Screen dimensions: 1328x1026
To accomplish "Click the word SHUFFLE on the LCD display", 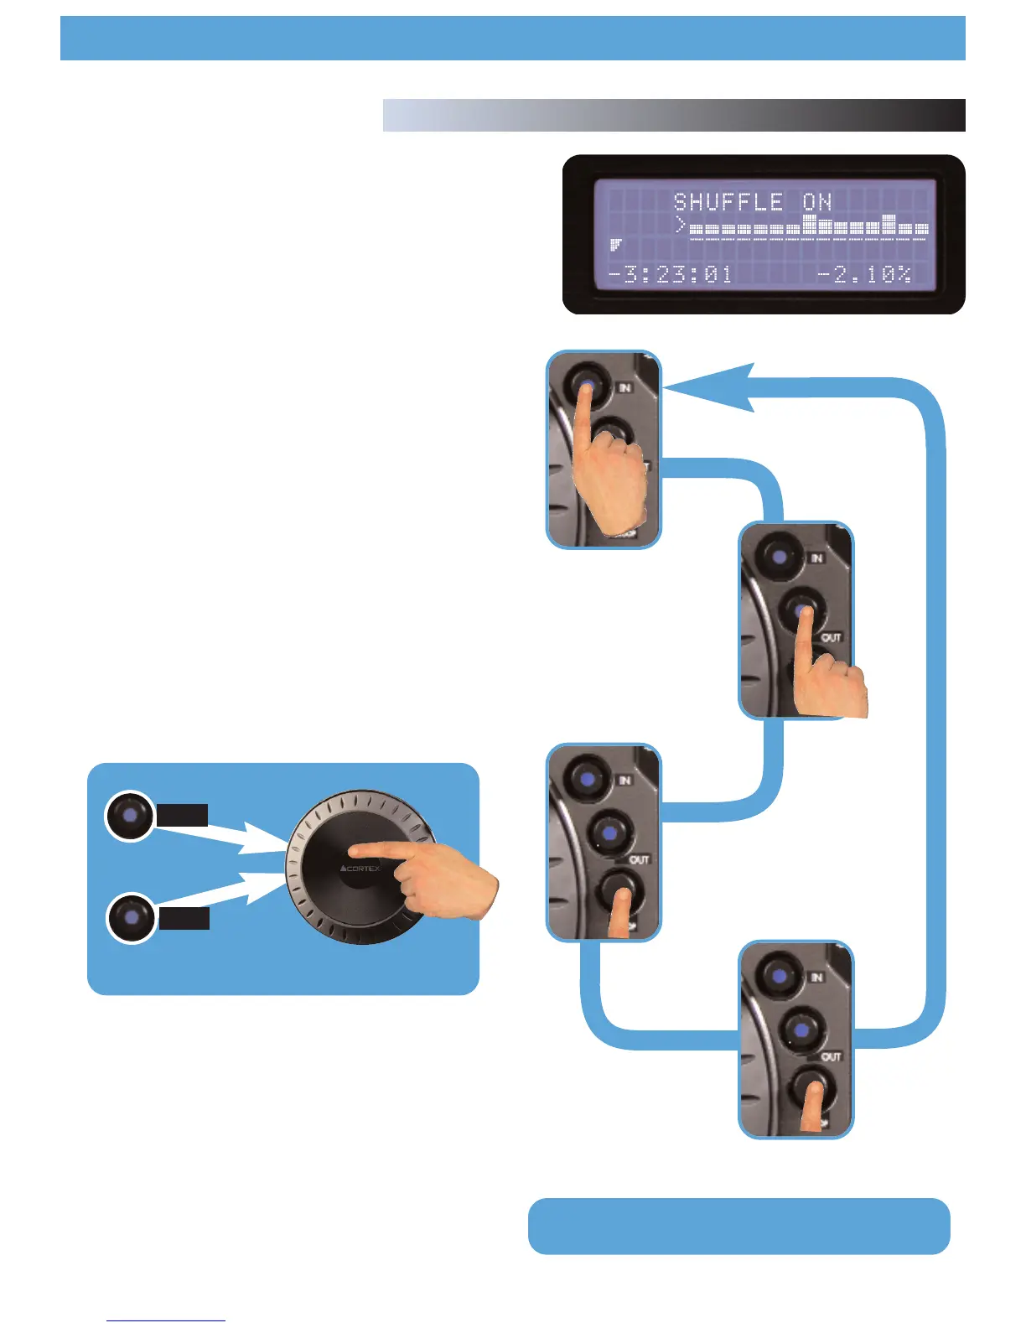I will pos(728,202).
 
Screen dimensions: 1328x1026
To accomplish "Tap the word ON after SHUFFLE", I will pos(816,202).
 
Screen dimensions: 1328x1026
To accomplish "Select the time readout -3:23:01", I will pos(670,274).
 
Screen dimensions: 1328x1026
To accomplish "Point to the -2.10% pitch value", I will pos(863,274).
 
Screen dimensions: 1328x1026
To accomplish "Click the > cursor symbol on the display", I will pos(681,225).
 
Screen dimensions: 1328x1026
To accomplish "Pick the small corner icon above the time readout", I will pos(616,245).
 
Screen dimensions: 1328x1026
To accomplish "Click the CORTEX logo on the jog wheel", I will pos(360,869).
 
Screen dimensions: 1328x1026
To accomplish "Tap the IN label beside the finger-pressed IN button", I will pos(624,387).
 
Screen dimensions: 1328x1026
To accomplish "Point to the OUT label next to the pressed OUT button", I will pos(830,638).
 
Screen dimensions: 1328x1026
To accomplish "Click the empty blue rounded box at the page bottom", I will pos(738,1226).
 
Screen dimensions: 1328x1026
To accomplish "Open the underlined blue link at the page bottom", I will pos(166,1320).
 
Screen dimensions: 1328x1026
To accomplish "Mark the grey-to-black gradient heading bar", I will pos(674,116).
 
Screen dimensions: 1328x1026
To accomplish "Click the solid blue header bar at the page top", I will pos(512,39).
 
